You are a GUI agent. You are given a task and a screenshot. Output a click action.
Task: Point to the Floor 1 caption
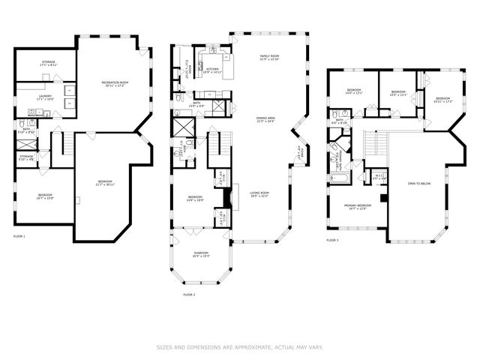(19, 236)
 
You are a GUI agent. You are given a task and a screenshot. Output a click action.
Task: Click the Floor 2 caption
(188, 295)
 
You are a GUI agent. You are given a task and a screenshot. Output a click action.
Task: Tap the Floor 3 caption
(332, 240)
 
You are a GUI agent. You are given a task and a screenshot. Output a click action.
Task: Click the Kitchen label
(212, 70)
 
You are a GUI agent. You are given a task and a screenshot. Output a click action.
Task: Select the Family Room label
(269, 58)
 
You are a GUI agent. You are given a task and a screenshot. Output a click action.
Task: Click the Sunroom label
(201, 255)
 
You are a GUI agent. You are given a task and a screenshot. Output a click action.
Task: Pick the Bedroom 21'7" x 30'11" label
(104, 183)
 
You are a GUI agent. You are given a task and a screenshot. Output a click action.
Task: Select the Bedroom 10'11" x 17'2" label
(442, 100)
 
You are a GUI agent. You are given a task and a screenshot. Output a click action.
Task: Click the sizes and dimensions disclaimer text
(239, 346)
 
